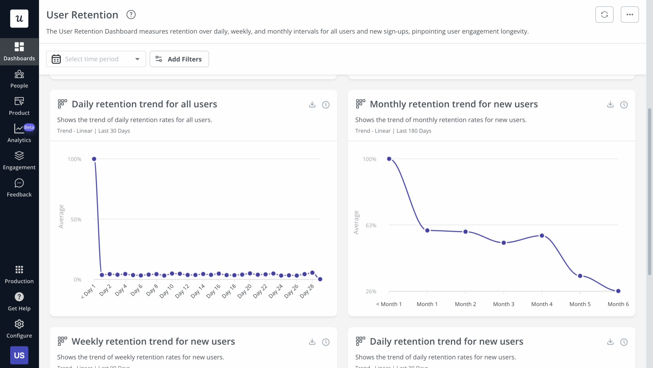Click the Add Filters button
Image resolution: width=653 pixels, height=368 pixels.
point(179,59)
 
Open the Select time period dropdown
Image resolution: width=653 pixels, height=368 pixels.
point(96,59)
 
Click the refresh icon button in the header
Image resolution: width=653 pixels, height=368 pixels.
point(604,15)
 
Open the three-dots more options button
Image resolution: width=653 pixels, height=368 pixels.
point(630,15)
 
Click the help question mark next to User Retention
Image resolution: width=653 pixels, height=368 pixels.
point(131,15)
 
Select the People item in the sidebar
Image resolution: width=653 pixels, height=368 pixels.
point(19,79)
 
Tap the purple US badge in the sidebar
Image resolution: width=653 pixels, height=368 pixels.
point(19,355)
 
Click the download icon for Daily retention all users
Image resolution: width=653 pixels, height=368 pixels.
point(312,105)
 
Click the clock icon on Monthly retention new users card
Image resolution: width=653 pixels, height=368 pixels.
point(624,105)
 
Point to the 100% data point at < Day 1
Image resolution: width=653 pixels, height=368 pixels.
point(94,159)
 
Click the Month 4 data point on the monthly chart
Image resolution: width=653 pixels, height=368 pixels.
point(542,236)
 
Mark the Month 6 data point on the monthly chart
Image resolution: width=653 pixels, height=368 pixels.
point(618,291)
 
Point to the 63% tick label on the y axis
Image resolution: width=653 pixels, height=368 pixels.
point(371,225)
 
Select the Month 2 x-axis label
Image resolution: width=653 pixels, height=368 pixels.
point(465,304)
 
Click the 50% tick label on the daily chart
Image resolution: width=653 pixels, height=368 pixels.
point(76,219)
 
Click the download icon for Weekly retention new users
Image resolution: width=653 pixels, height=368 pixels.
point(312,342)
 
